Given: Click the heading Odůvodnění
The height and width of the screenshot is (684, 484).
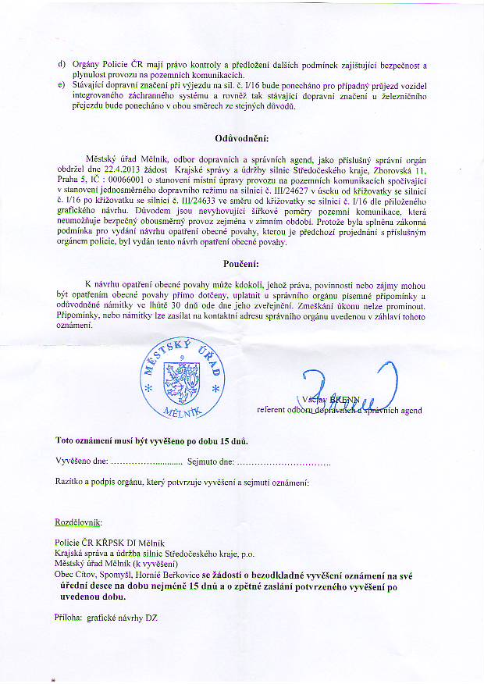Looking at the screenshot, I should click(x=241, y=140).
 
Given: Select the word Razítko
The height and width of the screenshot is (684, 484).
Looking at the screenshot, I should click(x=71, y=483).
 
